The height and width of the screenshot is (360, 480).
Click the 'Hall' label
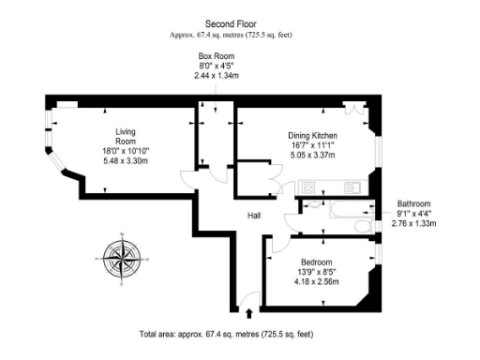(253, 216)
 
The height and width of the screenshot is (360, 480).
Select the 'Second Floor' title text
(230, 23)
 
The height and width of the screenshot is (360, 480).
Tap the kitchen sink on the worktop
(352, 187)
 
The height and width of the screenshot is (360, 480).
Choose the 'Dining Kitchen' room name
(312, 136)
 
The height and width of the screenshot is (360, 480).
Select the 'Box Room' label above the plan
(216, 57)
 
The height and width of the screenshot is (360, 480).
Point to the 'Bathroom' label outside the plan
(413, 203)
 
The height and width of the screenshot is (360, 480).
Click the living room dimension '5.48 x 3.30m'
(126, 161)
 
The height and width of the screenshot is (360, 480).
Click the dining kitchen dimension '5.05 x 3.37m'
(312, 157)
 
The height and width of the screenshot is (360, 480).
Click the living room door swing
(190, 184)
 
